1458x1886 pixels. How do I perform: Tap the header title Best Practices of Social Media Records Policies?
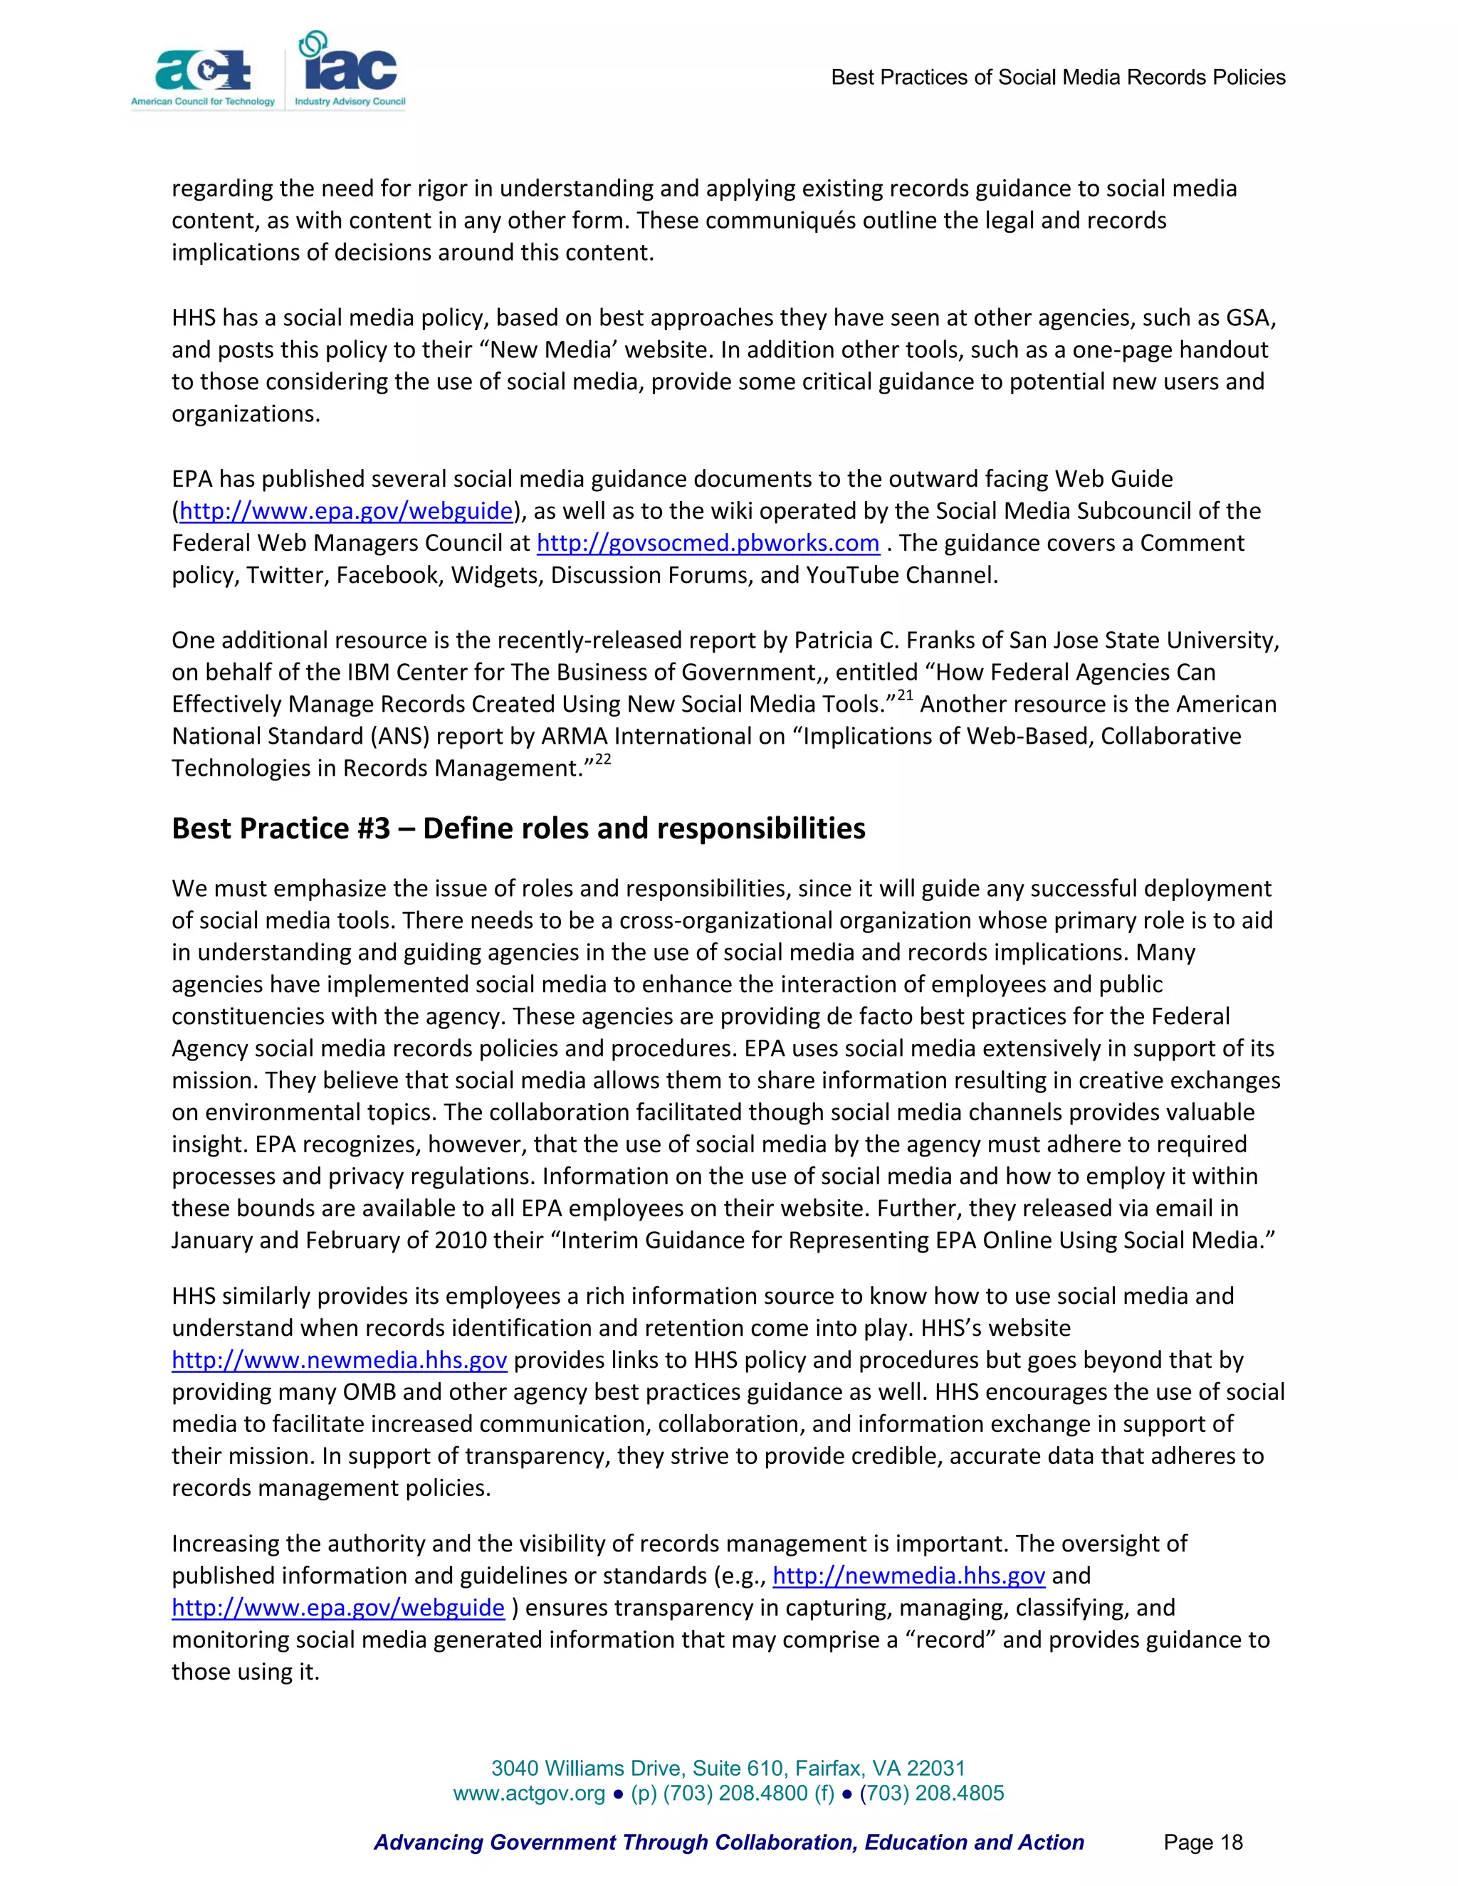coord(1057,78)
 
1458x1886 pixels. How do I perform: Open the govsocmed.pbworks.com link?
coord(708,543)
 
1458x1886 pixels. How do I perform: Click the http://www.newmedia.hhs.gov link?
coord(339,1360)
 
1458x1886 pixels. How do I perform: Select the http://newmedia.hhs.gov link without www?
coord(908,1576)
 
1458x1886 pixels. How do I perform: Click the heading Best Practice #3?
coord(518,828)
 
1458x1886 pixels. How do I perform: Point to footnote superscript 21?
coord(903,696)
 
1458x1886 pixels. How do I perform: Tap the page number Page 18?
coord(1202,1843)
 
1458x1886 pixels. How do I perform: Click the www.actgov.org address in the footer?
coord(529,1793)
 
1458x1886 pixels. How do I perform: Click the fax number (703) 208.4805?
coord(931,1793)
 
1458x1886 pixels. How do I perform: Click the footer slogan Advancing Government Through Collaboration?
coord(728,1843)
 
